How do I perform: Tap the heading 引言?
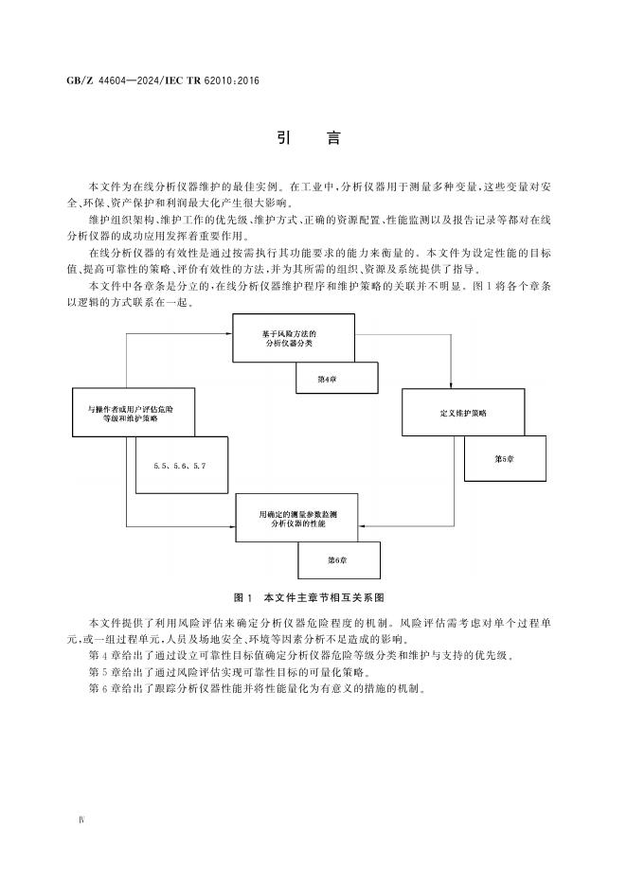point(309,138)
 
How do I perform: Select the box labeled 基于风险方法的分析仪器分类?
point(294,338)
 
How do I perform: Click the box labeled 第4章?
point(337,378)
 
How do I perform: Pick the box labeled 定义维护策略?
point(463,413)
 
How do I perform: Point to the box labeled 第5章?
point(505,459)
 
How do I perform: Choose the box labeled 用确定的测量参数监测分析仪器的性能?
point(296,518)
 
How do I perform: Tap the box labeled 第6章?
point(339,560)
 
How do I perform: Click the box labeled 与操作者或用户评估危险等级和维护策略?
point(134,412)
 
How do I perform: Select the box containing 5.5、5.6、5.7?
point(182,465)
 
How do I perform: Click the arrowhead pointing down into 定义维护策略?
point(451,385)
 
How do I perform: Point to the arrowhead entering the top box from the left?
point(229,334)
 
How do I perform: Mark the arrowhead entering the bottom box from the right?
point(362,526)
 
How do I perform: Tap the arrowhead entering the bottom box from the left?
point(232,526)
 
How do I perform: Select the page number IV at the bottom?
point(81,820)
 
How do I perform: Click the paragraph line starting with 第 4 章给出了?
point(301,656)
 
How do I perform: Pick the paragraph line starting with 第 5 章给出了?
point(229,672)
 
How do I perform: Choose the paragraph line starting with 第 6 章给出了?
point(257,689)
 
